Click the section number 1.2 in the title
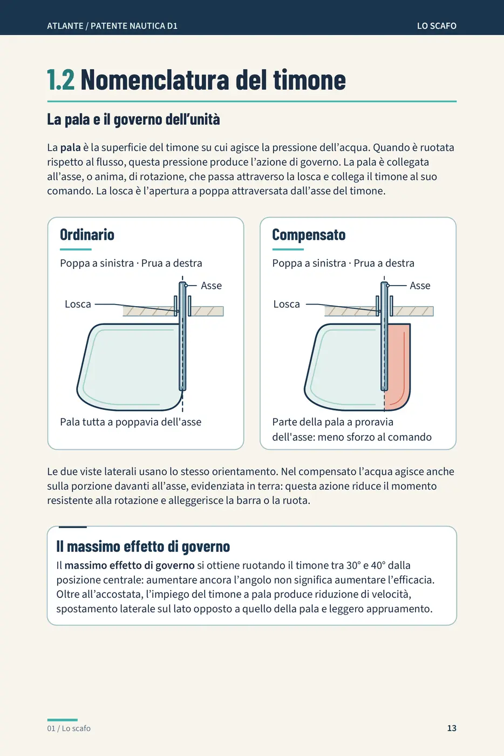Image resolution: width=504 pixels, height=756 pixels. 61,80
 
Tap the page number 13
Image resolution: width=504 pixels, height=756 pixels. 452,728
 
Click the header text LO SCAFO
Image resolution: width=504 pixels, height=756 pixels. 437,26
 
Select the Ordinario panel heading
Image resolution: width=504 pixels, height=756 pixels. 87,234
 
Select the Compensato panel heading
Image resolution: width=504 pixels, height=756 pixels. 309,235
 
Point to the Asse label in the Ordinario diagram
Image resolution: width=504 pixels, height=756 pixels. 211,286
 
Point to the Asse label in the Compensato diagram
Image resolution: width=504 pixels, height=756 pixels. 420,286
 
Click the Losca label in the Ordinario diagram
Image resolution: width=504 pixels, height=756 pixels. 78,304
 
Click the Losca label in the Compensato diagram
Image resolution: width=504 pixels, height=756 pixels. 287,304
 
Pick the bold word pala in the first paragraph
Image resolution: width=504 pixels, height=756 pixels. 71,148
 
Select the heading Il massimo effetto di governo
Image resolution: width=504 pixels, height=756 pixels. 143,546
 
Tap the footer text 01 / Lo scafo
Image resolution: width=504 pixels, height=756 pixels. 69,728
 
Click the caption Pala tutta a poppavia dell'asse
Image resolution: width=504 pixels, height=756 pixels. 131,422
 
